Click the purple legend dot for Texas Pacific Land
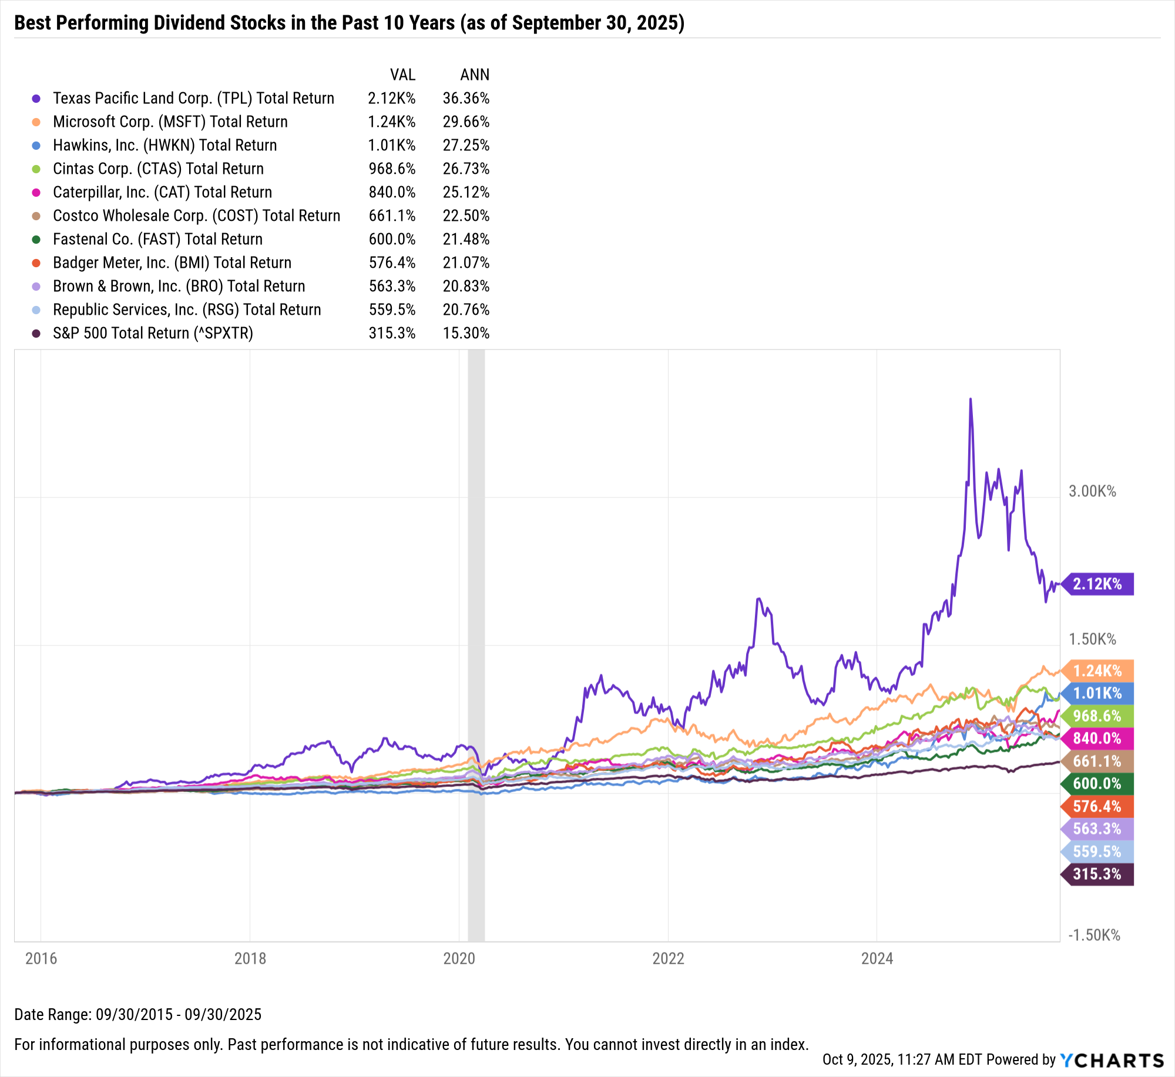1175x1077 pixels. tap(36, 99)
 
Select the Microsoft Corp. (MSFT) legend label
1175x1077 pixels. tap(170, 122)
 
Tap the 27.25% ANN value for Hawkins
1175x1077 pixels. tap(466, 145)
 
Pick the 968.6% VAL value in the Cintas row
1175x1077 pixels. tap(392, 169)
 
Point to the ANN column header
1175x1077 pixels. tap(475, 75)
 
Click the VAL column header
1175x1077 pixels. tap(402, 75)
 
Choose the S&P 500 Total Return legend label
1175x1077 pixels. tap(153, 333)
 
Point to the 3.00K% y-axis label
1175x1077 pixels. tap(1092, 492)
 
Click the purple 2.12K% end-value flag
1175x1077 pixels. tap(1097, 584)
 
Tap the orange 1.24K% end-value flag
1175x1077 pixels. tap(1097, 671)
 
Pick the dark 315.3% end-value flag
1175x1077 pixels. tap(1097, 874)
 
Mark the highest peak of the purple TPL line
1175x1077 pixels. tap(970, 399)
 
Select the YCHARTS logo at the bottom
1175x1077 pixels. tap(1112, 1060)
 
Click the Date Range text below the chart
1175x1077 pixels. tap(137, 1015)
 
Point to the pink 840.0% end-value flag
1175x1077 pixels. tap(1097, 738)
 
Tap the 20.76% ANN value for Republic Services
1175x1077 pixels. tap(466, 309)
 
